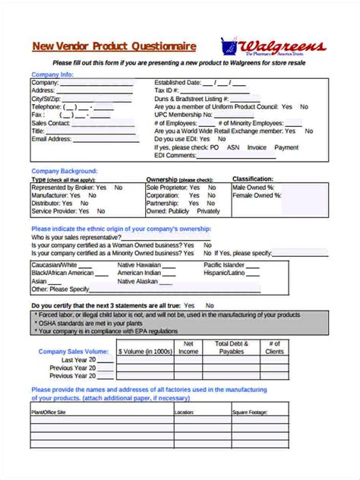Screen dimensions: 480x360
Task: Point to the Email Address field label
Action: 51,139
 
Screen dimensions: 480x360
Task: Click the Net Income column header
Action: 191,348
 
